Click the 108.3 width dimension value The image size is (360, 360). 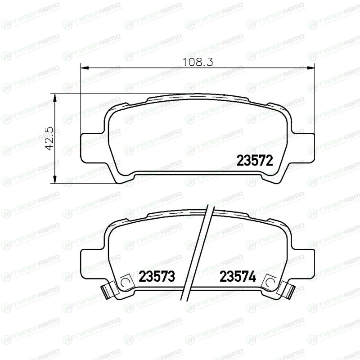coord(198,62)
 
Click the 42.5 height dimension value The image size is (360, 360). coord(49,138)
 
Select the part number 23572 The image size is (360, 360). coord(255,160)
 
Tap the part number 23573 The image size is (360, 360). coord(157,276)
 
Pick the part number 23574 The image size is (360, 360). coord(238,276)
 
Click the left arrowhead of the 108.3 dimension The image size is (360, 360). coord(85,67)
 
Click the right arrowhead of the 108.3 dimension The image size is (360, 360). coord(311,67)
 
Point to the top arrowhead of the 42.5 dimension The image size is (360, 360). coord(54,98)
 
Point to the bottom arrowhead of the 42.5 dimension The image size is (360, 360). coord(54,179)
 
